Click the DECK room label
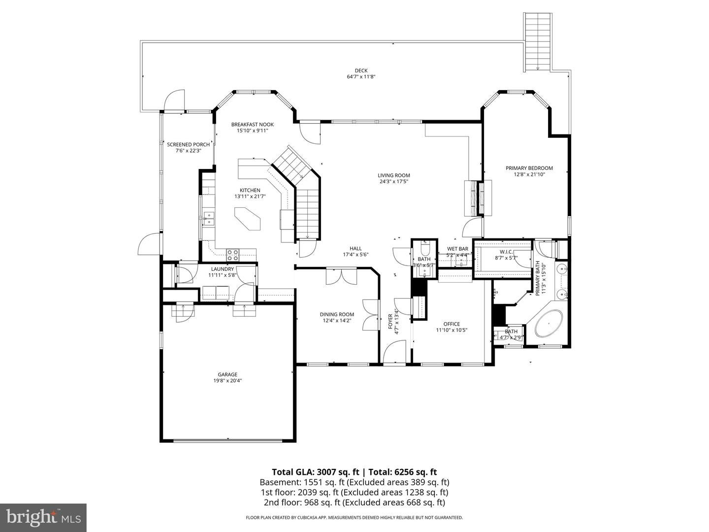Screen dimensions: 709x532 361,70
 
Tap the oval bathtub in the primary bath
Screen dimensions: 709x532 548,324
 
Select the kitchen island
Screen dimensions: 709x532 248,219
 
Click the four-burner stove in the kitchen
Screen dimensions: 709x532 232,255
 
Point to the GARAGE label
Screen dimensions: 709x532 227,374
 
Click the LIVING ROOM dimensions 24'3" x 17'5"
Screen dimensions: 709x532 394,182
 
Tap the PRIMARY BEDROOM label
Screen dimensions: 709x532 529,168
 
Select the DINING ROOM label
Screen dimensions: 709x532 337,314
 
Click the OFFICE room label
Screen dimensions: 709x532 451,324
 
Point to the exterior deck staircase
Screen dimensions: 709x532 538,42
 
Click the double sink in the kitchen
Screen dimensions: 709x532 209,219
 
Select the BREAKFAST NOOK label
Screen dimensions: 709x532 252,124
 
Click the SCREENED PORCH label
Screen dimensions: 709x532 188,144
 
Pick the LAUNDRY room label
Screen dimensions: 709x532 222,269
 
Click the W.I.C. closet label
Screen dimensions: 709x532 506,252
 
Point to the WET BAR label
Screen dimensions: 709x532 457,249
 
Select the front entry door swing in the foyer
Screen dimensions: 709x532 394,352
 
